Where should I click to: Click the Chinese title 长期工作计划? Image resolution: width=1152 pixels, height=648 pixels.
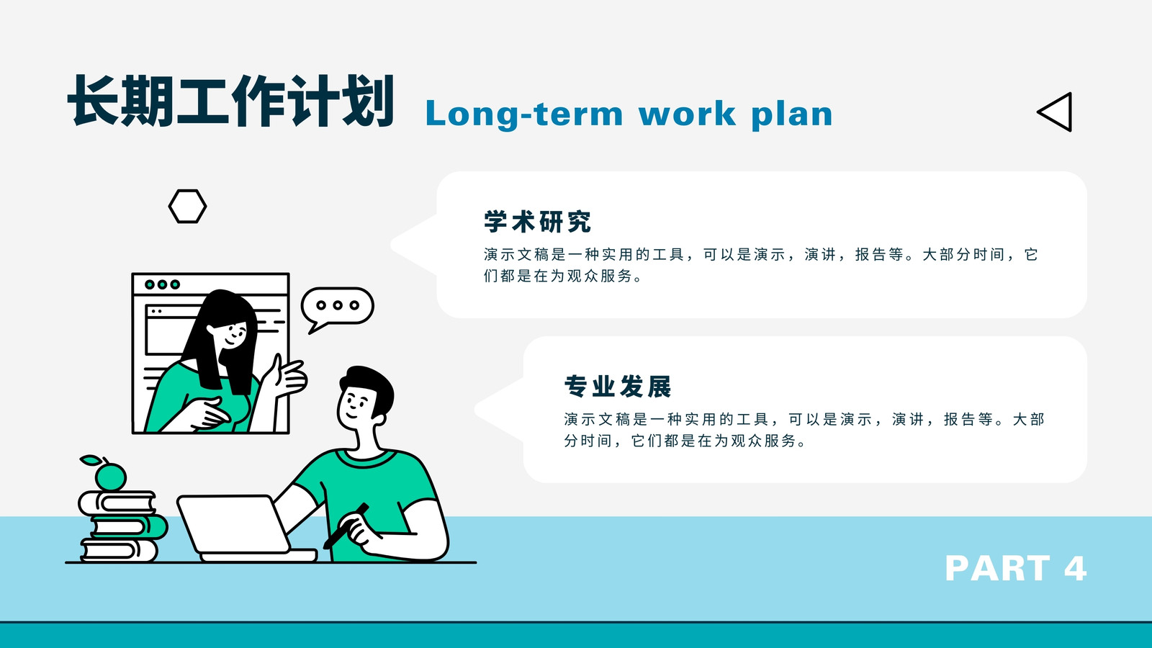pyautogui.click(x=231, y=102)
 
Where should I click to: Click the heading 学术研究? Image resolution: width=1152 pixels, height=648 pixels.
pyautogui.click(x=537, y=222)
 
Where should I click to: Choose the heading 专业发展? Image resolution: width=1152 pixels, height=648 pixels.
pyautogui.click(x=618, y=387)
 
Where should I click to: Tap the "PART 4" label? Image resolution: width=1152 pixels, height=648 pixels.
pyautogui.click(x=1016, y=568)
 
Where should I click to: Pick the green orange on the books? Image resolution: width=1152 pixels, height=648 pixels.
pyautogui.click(x=110, y=476)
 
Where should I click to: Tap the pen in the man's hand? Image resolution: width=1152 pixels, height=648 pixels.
pyautogui.click(x=346, y=526)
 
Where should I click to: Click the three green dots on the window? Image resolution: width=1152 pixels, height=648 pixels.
pyautogui.click(x=163, y=284)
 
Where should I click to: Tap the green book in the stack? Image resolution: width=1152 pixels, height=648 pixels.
pyautogui.click(x=130, y=526)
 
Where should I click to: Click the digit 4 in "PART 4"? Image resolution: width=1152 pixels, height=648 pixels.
pyautogui.click(x=1076, y=568)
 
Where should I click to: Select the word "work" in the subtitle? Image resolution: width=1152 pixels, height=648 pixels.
pyautogui.click(x=687, y=113)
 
